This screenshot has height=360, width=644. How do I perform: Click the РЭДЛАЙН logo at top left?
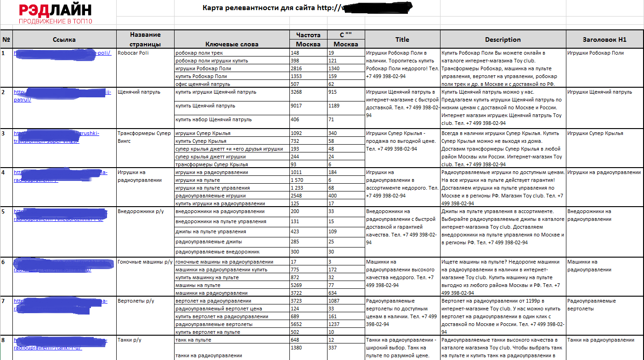(55, 14)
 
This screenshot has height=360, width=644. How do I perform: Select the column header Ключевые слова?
(232, 44)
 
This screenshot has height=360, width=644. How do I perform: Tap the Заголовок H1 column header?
(604, 39)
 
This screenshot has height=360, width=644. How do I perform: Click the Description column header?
(503, 39)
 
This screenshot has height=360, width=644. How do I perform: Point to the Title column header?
(402, 39)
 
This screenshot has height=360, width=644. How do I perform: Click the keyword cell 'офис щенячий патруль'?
(203, 84)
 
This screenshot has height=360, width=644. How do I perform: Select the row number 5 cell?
(4, 212)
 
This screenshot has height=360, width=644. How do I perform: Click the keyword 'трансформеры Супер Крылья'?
(212, 164)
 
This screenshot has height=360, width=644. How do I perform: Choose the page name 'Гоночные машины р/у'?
(145, 262)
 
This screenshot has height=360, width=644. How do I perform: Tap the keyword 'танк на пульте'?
(193, 340)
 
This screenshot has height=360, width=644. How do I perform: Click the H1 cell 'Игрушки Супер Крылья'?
(595, 133)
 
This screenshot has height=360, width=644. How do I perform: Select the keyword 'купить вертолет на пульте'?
(208, 332)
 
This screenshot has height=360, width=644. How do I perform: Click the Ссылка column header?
(64, 39)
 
